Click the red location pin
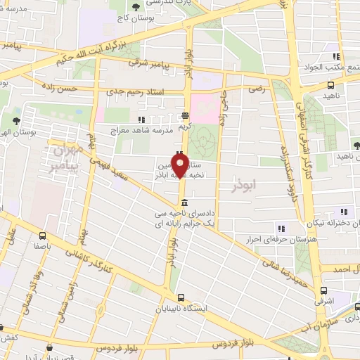point(180,166)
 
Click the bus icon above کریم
point(184,116)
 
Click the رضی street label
point(257,89)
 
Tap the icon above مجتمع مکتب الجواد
point(337,57)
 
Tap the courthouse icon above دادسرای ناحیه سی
point(184,202)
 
